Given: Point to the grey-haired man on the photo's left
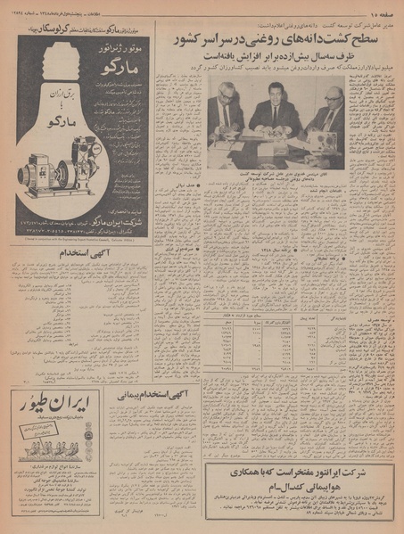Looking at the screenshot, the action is pos(225,110).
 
